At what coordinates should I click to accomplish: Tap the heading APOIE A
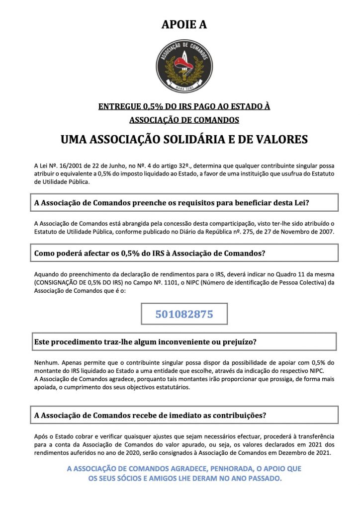click(184, 24)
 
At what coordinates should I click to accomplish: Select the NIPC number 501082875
click(184, 314)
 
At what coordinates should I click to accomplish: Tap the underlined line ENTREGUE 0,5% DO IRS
click(184, 106)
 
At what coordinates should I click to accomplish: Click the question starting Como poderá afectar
click(150, 253)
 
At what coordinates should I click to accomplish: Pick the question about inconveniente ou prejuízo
click(145, 342)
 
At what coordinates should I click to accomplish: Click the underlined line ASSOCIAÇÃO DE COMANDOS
click(184, 120)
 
